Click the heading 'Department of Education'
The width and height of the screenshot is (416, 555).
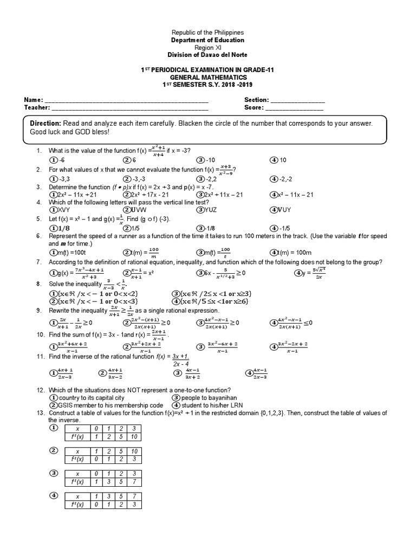point(208,40)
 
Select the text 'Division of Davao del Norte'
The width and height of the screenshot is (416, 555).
point(208,55)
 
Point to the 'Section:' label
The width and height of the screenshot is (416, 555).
point(256,100)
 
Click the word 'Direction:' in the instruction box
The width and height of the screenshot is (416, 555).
point(46,124)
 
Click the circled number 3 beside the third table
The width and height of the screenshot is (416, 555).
point(53,473)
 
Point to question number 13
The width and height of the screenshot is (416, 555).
point(39,413)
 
